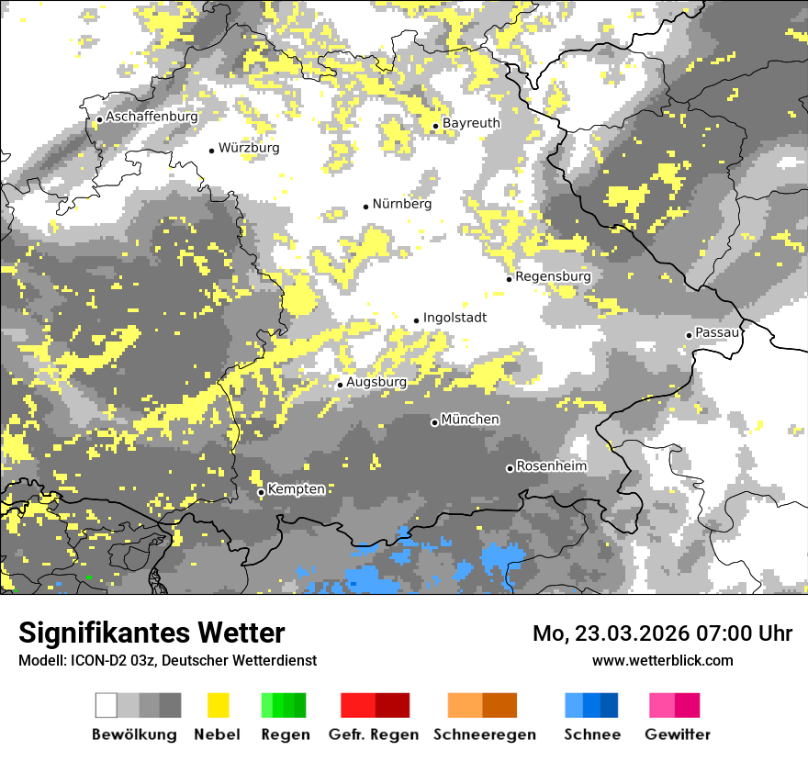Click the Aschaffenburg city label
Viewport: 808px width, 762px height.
coord(151,118)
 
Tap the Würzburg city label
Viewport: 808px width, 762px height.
coord(249,148)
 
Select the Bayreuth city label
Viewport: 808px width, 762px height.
coord(471,123)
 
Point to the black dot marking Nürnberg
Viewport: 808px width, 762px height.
coord(365,207)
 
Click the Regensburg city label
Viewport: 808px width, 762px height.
coord(553,276)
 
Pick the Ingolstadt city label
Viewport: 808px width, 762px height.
coord(454,318)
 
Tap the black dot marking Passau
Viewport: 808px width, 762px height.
coord(689,335)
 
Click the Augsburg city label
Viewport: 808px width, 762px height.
coord(376,382)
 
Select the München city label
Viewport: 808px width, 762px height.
coord(470,420)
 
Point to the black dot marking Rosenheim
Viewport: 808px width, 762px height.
coord(510,468)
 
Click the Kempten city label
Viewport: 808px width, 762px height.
coord(297,489)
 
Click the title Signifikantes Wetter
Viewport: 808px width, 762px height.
coord(151,633)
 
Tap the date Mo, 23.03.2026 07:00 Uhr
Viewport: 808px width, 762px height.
coord(662,633)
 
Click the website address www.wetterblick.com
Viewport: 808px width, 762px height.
coord(662,660)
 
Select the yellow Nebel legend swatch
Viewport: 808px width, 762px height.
coord(218,705)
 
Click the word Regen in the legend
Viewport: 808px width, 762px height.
coord(285,734)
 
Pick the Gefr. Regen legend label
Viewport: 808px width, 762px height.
coord(374,734)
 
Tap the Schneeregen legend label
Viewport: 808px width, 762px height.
coord(485,734)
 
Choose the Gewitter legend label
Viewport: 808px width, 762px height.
coord(678,734)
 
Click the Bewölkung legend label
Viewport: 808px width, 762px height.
coord(134,734)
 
